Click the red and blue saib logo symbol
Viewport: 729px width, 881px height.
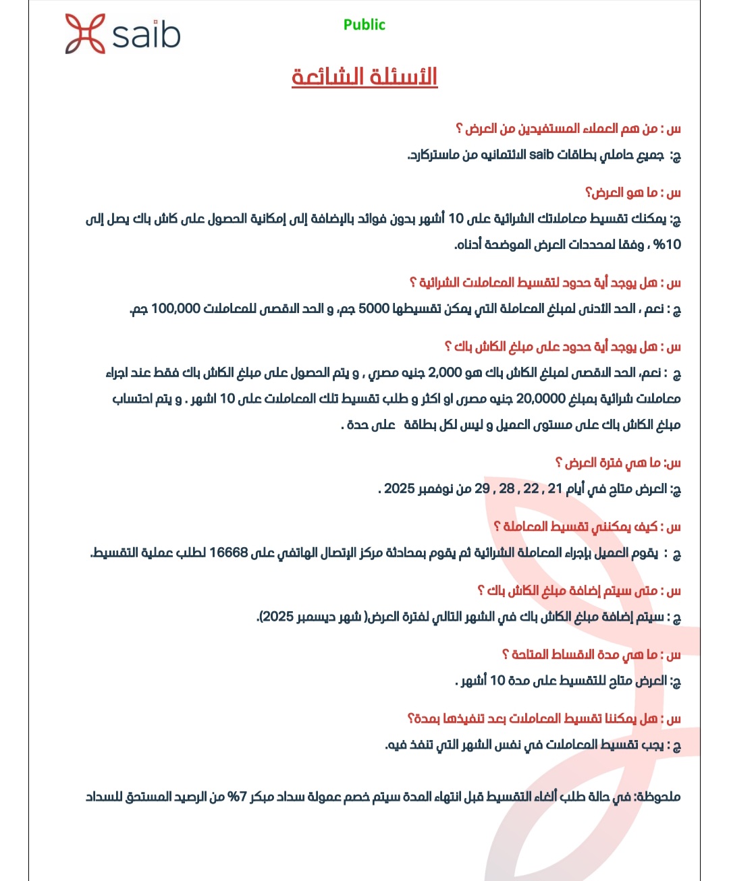pos(85,34)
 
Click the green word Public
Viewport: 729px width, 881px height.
pos(364,25)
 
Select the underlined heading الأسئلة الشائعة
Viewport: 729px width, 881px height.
pos(364,76)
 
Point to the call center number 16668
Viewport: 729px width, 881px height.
pos(229,553)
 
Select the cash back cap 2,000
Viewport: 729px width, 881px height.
pos(445,373)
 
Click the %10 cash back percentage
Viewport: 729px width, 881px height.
pos(667,245)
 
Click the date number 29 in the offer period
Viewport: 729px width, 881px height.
pos(482,489)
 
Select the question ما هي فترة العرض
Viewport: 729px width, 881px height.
pos(618,463)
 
